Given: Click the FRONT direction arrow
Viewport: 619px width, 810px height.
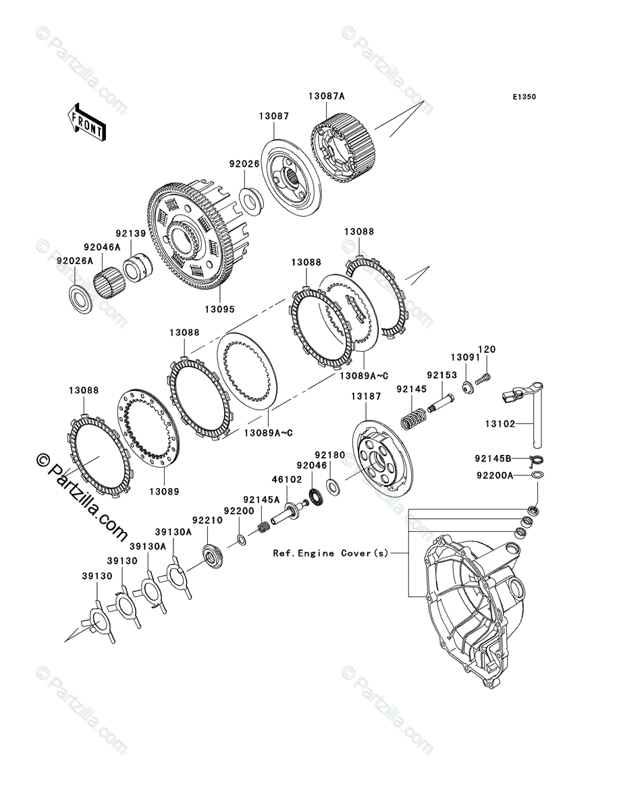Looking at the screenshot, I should click(85, 122).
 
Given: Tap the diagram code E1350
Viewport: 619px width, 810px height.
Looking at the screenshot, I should click(523, 97).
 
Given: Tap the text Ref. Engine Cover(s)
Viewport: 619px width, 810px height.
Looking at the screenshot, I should click(330, 553).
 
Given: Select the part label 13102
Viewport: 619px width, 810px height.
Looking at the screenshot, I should click(500, 425).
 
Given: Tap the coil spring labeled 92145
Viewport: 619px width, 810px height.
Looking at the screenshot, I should click(412, 418).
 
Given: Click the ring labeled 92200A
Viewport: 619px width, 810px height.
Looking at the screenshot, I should click(538, 476).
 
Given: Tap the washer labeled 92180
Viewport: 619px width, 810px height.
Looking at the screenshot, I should click(333, 485).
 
